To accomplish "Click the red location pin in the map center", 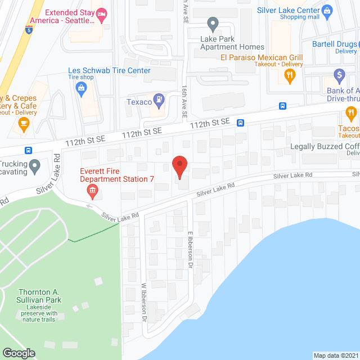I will pyautogui.click(x=179, y=166).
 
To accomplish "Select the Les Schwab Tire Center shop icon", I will pyautogui.click(x=82, y=88).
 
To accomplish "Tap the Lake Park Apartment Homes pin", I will pyautogui.click(x=213, y=25).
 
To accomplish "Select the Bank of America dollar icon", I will pyautogui.click(x=339, y=74).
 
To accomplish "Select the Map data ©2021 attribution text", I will pyautogui.click(x=336, y=355).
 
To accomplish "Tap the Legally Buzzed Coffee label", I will pyautogui.click(x=325, y=146).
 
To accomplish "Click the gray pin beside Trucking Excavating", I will pyautogui.click(x=35, y=166).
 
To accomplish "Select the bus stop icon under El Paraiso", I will pyautogui.click(x=282, y=106).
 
